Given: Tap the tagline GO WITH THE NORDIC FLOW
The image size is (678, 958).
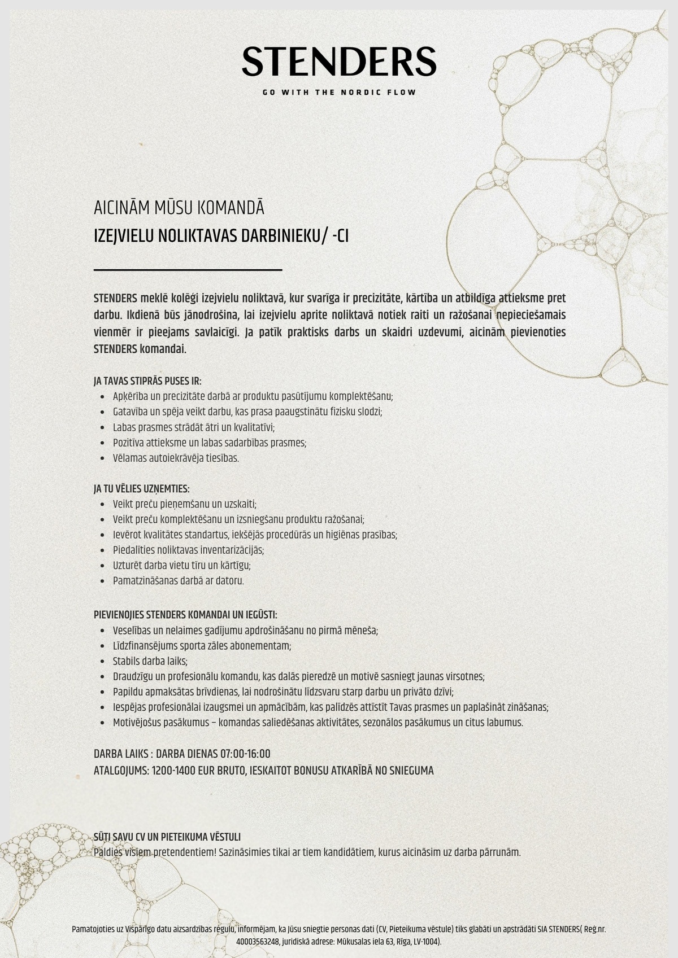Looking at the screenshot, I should tap(339, 92).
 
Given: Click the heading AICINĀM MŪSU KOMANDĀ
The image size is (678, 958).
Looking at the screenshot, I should tap(179, 208).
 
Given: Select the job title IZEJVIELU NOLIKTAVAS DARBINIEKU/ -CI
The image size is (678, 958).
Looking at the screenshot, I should tap(221, 236).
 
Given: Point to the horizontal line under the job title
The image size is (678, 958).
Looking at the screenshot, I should tap(188, 270).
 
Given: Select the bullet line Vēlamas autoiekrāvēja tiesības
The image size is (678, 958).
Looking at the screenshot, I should tap(176, 458).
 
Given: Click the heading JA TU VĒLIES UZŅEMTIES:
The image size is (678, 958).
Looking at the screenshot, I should tap(141, 489).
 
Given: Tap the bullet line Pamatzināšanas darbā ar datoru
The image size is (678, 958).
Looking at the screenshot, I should tap(178, 580).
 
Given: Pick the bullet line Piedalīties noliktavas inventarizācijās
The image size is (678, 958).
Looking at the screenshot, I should tap(188, 550).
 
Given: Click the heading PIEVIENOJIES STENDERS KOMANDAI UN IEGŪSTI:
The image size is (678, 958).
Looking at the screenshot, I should tap(185, 615).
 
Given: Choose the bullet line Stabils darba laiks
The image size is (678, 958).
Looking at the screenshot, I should tap(150, 661).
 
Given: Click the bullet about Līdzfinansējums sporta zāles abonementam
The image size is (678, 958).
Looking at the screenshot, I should tap(202, 646).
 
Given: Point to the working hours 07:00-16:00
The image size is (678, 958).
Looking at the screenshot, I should tap(245, 754).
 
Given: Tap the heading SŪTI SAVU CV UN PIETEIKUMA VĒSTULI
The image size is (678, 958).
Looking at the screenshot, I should tap(167, 837).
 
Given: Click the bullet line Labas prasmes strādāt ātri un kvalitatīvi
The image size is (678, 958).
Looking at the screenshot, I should tap(194, 427).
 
